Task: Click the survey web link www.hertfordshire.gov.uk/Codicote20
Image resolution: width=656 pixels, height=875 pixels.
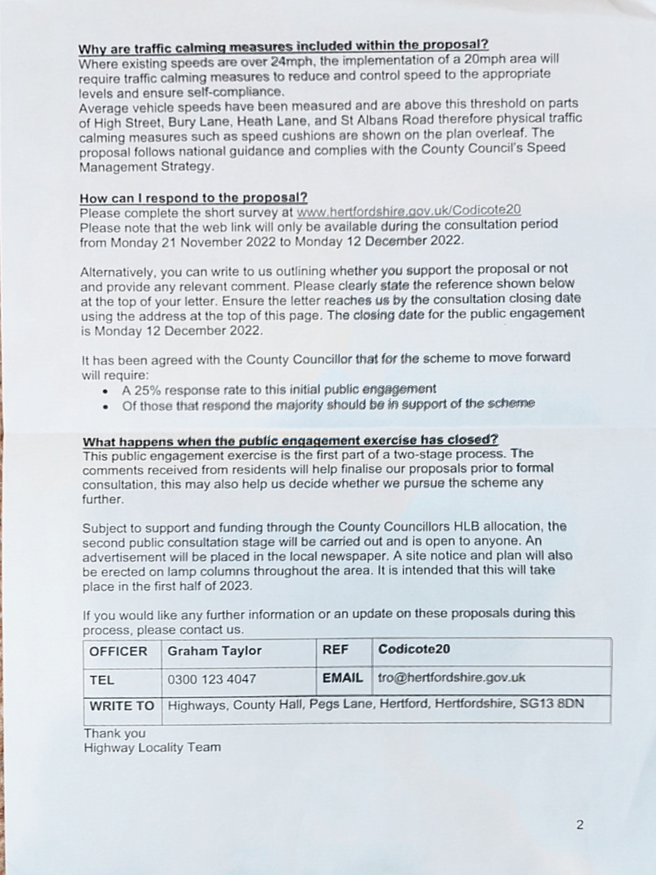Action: pos(408,211)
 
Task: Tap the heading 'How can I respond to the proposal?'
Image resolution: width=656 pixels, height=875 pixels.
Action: pos(193,198)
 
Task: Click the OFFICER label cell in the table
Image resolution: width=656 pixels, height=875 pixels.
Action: pos(118,651)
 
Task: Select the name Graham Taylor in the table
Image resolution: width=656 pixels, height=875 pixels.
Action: pos(214,651)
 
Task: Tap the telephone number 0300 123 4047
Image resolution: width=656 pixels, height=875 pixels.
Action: pos(212,679)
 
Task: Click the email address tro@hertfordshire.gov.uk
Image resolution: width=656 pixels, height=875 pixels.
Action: pos(451,678)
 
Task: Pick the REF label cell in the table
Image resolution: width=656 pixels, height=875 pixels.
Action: pos(335,650)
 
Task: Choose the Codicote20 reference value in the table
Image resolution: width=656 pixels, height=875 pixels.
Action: pos(414,649)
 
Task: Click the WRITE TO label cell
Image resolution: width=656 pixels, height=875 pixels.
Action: pos(122,706)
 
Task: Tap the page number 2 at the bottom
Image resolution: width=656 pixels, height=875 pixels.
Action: pos(580,825)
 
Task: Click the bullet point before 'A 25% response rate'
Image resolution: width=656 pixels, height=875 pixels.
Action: pos(105,391)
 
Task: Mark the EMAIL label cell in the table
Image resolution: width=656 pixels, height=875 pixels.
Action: pos(342,678)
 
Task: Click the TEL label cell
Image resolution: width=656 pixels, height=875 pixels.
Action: pos(101,680)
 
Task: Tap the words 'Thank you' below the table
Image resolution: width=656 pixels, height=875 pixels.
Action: pos(115,733)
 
